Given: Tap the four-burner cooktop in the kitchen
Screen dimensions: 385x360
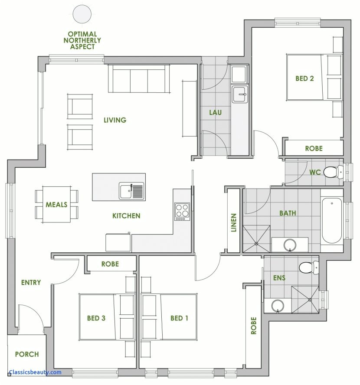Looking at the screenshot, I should point(182,212).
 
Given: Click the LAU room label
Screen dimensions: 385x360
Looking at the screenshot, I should point(215,113).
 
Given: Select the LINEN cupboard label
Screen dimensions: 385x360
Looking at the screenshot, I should point(234,222).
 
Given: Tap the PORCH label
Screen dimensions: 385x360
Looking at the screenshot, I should point(27,354).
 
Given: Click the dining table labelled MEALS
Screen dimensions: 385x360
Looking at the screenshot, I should point(57,204).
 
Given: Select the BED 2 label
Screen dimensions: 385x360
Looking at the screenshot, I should point(304,78).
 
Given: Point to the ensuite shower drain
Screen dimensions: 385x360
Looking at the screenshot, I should point(310,299).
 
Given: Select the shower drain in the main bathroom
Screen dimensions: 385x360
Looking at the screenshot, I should point(256,244).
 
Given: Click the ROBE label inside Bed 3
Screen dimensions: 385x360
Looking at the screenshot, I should point(110,264).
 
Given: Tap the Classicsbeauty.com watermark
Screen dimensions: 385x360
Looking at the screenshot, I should point(35,372).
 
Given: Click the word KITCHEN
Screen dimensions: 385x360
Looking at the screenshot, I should point(126,215).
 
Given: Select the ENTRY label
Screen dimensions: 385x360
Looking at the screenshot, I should point(31,283).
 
